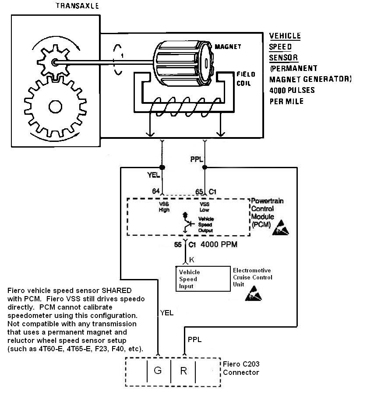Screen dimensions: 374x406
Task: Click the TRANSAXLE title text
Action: pos(77,6)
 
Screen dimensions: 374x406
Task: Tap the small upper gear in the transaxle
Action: pos(53,62)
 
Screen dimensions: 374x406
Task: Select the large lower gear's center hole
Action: pos(55,107)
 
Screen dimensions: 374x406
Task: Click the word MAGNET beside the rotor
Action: pos(228,46)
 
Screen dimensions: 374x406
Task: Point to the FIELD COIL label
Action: pos(246,79)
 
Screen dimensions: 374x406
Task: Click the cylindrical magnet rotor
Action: pos(184,63)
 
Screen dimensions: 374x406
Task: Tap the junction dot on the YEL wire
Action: pos(162,168)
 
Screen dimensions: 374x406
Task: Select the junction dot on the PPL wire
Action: pos(205,168)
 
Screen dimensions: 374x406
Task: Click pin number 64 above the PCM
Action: pos(156,191)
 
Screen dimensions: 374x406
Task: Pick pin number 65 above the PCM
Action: pos(199,192)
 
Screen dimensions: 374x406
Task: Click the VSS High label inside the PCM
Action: pos(164,207)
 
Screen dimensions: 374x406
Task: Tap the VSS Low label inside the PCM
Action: pos(205,207)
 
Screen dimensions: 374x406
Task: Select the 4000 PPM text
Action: pos(219,244)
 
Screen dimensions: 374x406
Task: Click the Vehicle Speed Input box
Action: pos(203,279)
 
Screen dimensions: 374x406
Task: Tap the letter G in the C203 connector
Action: pos(158,371)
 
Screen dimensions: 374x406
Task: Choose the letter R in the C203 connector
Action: pos(183,371)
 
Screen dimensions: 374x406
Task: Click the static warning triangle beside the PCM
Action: pos(280,228)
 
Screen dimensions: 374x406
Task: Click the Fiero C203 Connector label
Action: pos(241,368)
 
